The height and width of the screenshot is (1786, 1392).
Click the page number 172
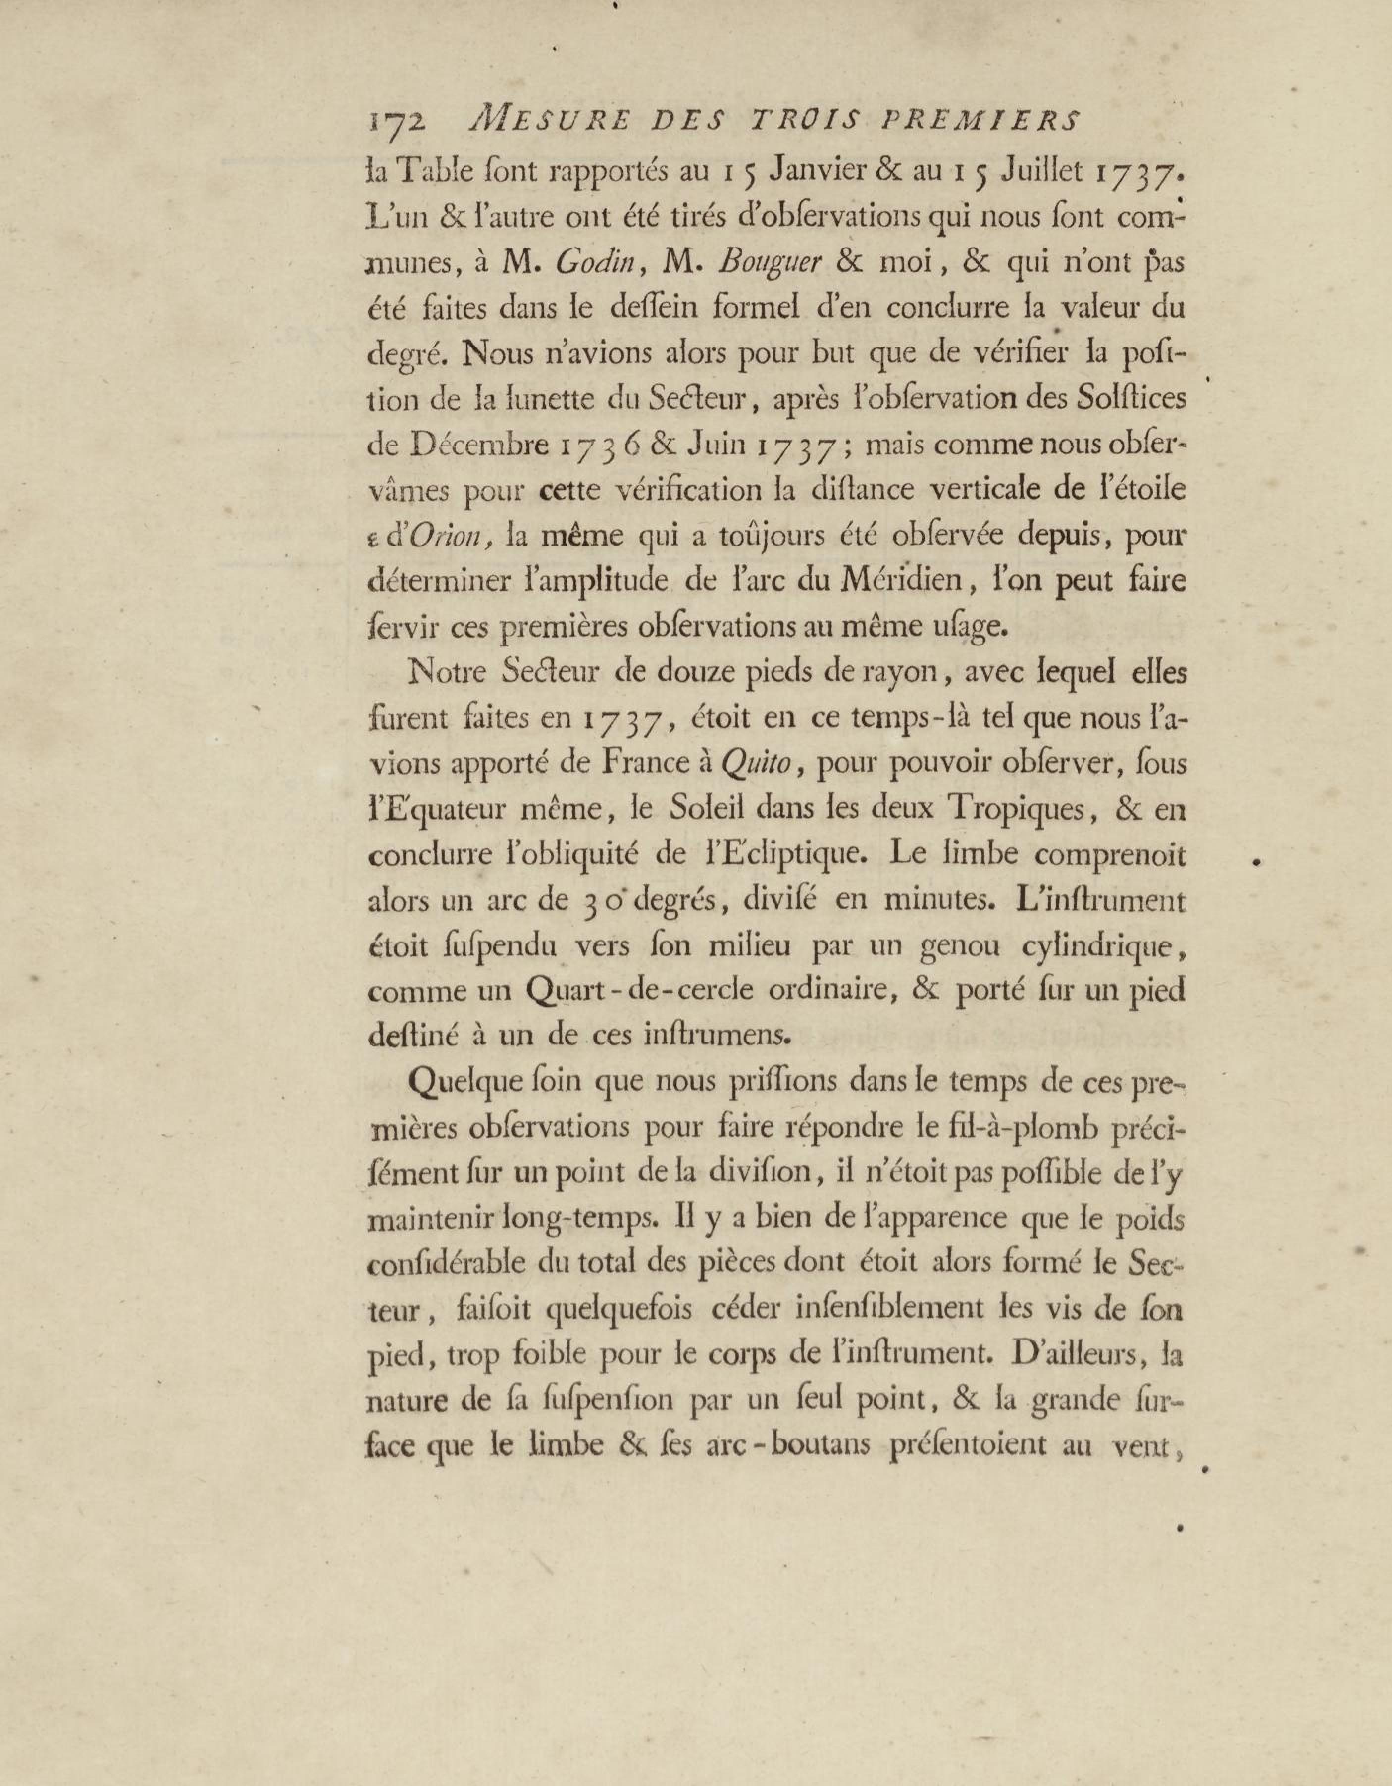point(397,123)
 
